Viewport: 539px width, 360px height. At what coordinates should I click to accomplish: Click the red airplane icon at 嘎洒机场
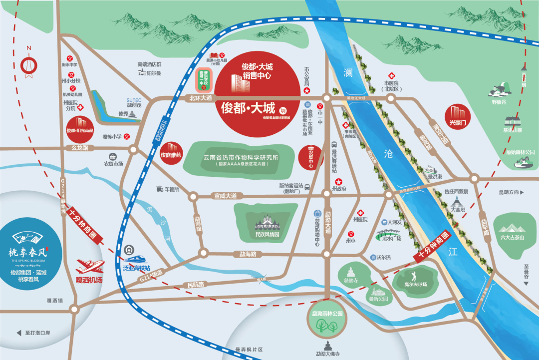point(89,265)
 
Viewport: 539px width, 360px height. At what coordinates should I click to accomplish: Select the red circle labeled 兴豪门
point(457,115)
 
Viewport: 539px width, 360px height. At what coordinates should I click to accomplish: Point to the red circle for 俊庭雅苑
point(171,151)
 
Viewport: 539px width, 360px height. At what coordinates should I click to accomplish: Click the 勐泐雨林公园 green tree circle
point(325,322)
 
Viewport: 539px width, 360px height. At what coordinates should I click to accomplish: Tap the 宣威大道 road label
point(225,195)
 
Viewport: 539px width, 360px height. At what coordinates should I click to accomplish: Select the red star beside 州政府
point(339,181)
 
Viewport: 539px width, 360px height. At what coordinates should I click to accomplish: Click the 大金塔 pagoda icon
point(456,203)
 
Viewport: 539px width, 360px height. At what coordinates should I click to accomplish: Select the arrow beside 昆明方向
point(524,192)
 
